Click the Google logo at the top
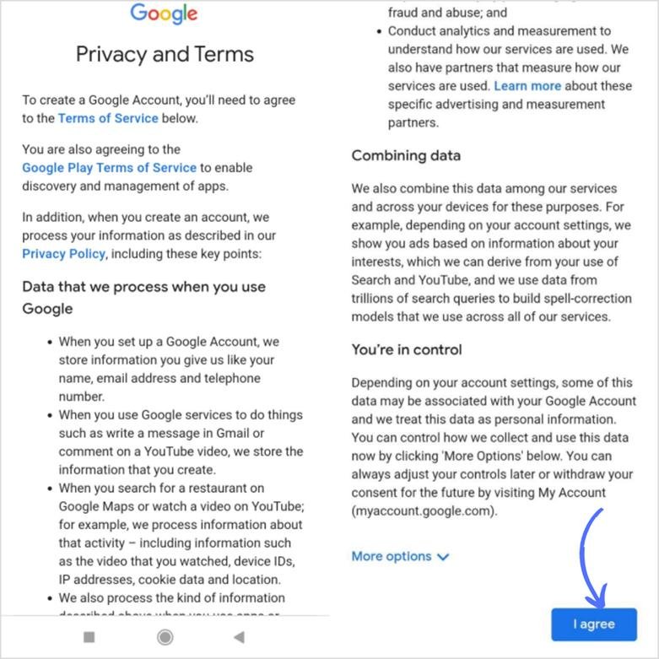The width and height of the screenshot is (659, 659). [x=164, y=14]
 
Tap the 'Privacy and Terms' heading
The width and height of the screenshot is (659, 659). [x=165, y=54]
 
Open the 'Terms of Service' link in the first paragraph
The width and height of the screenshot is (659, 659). [x=108, y=118]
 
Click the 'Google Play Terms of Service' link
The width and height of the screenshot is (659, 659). [x=109, y=168]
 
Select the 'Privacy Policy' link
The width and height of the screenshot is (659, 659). [x=63, y=254]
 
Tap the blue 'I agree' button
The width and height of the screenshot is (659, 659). [x=593, y=624]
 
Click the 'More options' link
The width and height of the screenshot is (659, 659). [x=391, y=556]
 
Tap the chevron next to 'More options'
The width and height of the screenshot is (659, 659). [x=444, y=557]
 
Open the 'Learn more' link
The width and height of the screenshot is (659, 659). [x=527, y=86]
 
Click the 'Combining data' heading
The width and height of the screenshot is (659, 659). [x=406, y=155]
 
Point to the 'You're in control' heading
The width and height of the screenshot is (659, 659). [x=407, y=349]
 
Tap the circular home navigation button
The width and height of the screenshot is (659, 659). [x=165, y=637]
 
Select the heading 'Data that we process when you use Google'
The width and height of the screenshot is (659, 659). [x=143, y=297]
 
